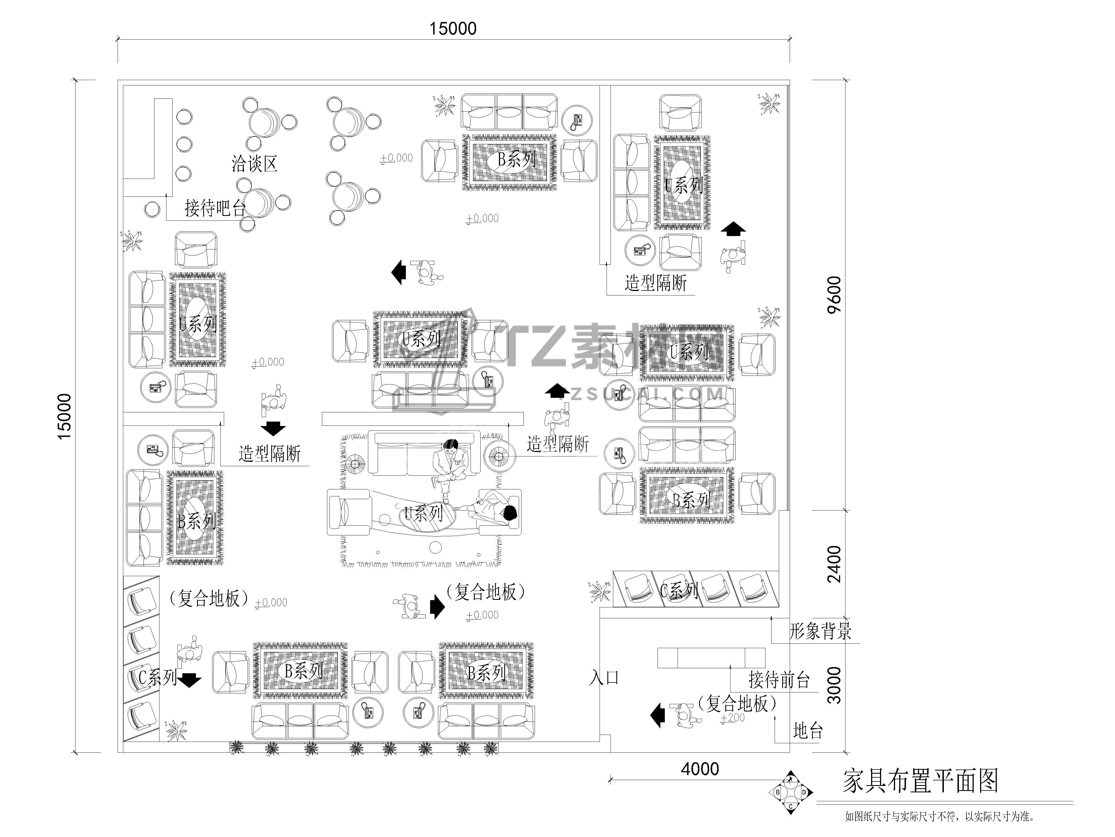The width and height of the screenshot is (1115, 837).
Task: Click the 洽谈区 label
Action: [254, 164]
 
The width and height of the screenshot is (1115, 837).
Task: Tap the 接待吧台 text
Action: [215, 208]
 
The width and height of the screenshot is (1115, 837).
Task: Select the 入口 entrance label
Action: [604, 678]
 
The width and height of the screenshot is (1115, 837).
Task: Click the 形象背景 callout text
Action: [820, 631]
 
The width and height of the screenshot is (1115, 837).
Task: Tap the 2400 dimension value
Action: [834, 564]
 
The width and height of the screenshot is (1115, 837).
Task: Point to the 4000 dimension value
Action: [700, 769]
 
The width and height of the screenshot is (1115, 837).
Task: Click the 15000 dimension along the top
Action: [453, 29]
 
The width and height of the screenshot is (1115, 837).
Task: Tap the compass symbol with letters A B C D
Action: [790, 793]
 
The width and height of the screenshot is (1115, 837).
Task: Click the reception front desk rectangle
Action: [711, 658]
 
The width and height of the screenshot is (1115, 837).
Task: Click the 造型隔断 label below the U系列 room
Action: [655, 283]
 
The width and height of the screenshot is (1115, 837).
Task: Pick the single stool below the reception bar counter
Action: [152, 209]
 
